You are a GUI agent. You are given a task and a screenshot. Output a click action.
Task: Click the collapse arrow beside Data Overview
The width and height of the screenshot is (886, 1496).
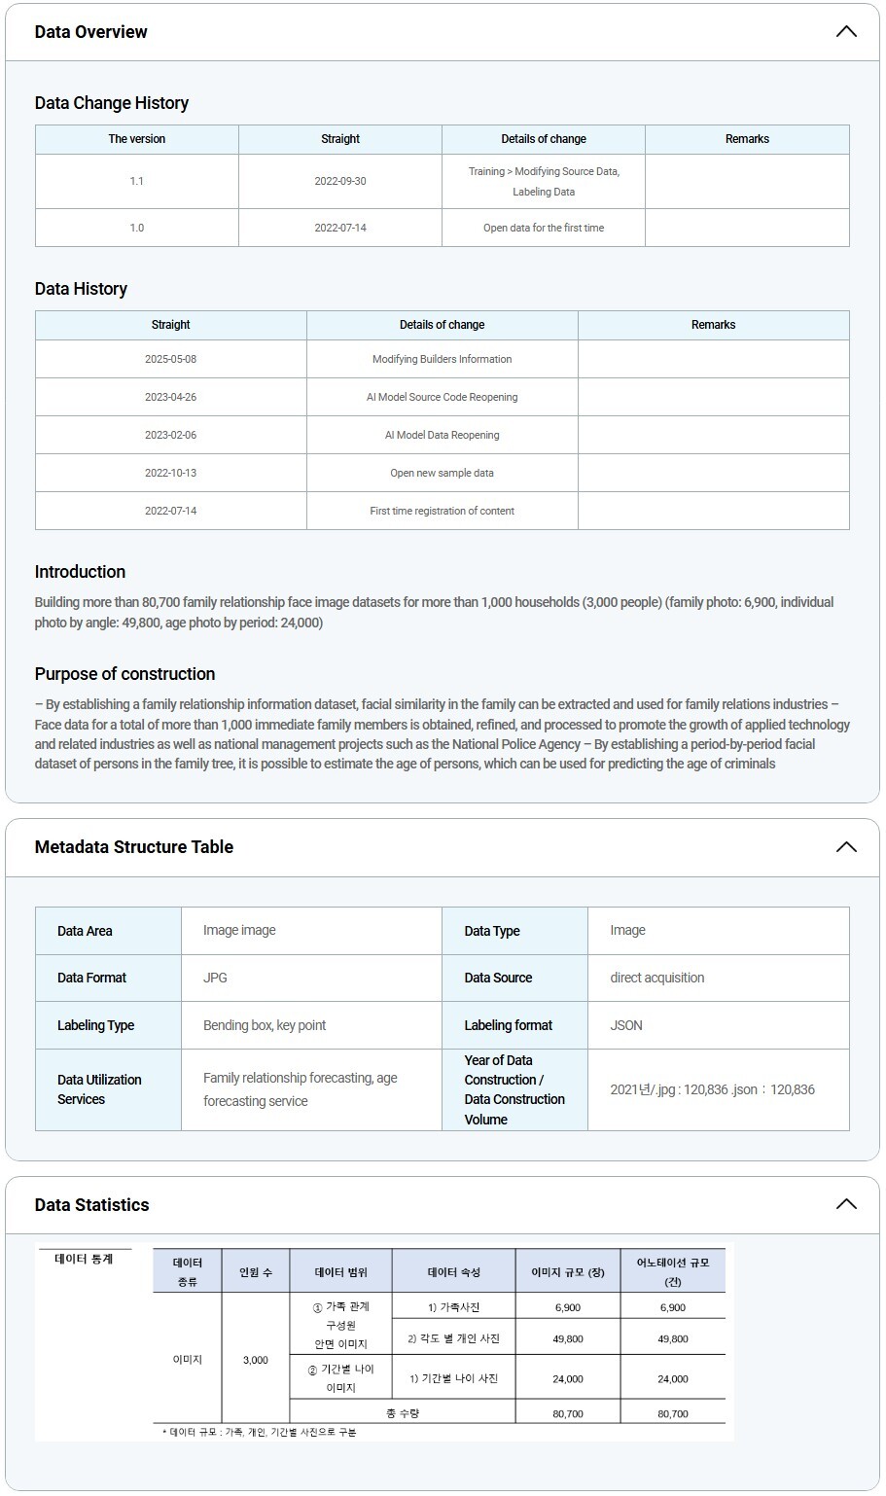pyautogui.click(x=846, y=31)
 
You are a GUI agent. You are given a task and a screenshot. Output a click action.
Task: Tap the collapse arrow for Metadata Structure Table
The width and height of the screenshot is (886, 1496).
pyautogui.click(x=846, y=846)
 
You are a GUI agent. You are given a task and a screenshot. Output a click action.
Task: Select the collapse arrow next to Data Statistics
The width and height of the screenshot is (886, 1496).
pyautogui.click(x=846, y=1204)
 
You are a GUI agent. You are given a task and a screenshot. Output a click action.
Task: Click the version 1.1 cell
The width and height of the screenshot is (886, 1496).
pyautogui.click(x=136, y=181)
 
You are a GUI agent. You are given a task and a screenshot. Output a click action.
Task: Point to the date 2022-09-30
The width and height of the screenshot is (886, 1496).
pyautogui.click(x=340, y=181)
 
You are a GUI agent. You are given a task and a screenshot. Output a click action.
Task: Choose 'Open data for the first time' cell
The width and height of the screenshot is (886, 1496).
pyautogui.click(x=544, y=228)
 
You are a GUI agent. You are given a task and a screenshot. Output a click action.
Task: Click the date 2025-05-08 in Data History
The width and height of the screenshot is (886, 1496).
pyautogui.click(x=170, y=359)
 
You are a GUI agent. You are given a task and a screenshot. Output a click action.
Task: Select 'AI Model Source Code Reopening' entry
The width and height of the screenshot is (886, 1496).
pyautogui.click(x=442, y=397)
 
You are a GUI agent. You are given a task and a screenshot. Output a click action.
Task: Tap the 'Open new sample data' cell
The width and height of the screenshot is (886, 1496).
pyautogui.click(x=442, y=473)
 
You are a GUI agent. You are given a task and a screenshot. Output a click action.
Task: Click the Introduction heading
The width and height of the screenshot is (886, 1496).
pyautogui.click(x=80, y=572)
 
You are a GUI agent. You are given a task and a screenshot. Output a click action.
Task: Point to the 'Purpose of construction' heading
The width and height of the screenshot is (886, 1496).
pyautogui.click(x=124, y=674)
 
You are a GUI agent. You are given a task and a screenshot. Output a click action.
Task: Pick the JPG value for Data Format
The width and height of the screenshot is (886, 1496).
pyautogui.click(x=215, y=978)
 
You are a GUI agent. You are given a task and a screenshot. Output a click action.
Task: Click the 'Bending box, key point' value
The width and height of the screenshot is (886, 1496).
pyautogui.click(x=265, y=1025)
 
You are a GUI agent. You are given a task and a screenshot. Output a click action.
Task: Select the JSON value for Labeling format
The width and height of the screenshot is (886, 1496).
pyautogui.click(x=626, y=1025)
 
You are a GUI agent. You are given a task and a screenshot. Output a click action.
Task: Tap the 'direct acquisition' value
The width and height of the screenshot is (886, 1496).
pyautogui.click(x=657, y=978)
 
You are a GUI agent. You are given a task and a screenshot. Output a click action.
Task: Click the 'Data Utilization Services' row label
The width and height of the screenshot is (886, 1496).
pyautogui.click(x=99, y=1089)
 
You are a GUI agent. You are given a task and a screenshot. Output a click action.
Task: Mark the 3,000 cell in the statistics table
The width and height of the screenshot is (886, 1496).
pyautogui.click(x=256, y=1360)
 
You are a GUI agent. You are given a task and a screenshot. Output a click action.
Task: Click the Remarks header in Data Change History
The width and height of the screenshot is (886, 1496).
pyautogui.click(x=747, y=139)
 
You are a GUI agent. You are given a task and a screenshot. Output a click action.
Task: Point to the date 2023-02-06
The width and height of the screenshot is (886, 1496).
pyautogui.click(x=170, y=435)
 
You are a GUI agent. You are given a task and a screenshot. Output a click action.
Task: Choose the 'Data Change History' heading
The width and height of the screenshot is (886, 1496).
pyautogui.click(x=112, y=103)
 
